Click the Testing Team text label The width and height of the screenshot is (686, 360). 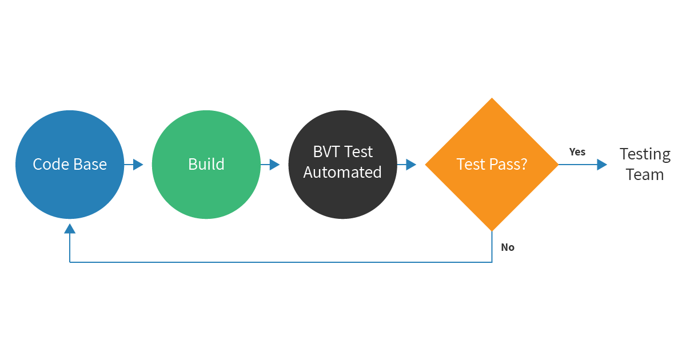[645, 164]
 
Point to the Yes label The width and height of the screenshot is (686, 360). [577, 152]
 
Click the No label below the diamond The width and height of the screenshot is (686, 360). [508, 247]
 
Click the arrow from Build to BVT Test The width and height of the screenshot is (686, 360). [270, 165]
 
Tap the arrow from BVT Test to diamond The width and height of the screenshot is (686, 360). [407, 165]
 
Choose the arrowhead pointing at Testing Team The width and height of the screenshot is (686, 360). [601, 165]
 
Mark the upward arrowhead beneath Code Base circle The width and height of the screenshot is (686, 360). [70, 229]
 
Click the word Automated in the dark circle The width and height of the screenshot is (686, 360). [342, 172]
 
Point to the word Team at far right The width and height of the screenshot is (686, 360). [645, 174]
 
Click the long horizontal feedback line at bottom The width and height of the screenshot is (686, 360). [280, 262]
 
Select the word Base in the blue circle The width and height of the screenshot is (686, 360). [88, 165]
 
